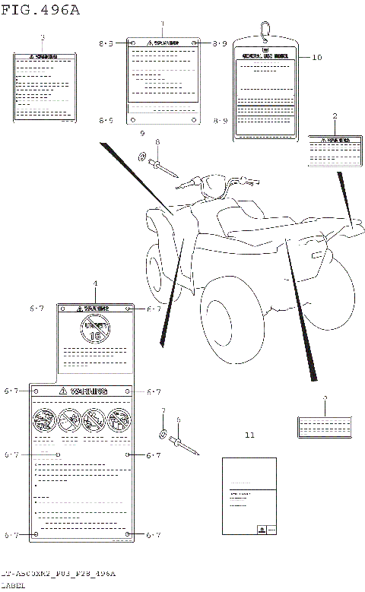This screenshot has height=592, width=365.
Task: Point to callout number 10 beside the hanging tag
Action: click(x=317, y=57)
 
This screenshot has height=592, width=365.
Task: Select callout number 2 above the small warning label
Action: click(x=335, y=116)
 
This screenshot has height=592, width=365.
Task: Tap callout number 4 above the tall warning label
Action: click(x=95, y=283)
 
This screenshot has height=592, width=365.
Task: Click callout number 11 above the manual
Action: click(x=250, y=435)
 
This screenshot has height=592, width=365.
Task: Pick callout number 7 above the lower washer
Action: click(x=162, y=411)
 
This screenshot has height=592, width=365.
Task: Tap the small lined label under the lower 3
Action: click(x=325, y=427)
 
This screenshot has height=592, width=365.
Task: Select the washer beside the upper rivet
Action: click(x=142, y=157)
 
